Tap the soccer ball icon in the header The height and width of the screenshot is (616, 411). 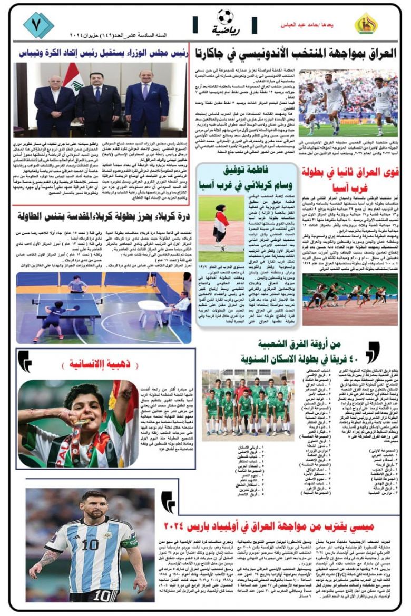(225, 17)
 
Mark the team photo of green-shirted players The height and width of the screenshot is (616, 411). (248, 404)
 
